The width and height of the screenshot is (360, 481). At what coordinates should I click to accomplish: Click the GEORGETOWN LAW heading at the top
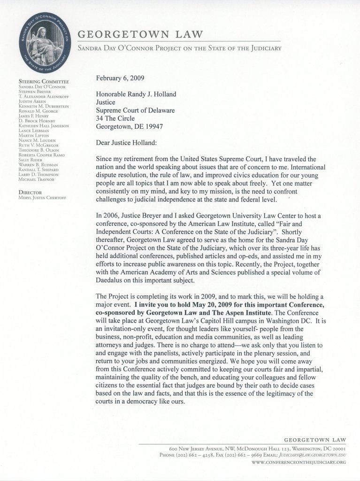coord(140,34)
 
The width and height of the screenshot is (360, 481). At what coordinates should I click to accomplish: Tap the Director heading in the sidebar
coord(31,192)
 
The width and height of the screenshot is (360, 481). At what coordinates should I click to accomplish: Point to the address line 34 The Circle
coord(117,105)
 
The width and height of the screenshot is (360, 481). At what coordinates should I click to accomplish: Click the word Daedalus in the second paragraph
coord(111,281)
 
